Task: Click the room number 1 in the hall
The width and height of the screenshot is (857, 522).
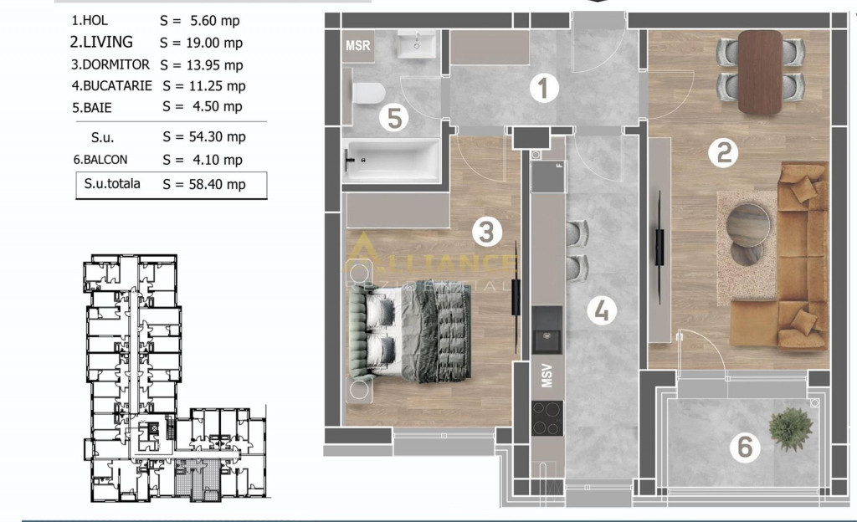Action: point(543,88)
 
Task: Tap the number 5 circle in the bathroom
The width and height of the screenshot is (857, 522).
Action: point(395,117)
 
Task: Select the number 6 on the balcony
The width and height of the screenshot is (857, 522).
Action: point(745,447)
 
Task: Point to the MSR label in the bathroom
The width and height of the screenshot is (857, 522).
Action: point(358,46)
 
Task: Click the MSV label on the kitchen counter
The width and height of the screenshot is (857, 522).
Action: point(547,376)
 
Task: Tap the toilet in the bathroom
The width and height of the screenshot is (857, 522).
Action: point(368,93)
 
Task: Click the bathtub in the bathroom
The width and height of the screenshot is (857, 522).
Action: point(392,160)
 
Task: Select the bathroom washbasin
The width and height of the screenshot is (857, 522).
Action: point(417,43)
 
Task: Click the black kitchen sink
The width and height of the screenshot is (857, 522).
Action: point(547,330)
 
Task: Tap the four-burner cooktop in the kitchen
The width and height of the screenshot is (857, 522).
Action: point(547,418)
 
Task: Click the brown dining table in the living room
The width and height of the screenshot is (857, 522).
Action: point(760,72)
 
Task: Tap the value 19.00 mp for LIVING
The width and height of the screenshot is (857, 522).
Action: point(216,43)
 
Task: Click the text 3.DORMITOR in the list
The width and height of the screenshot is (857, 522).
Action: point(110,64)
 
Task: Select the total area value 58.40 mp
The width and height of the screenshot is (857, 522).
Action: point(217,185)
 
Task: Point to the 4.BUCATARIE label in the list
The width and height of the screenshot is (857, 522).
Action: point(112,85)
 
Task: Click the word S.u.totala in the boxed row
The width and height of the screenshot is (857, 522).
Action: point(112,183)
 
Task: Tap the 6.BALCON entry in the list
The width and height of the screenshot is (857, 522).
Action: point(100,160)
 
